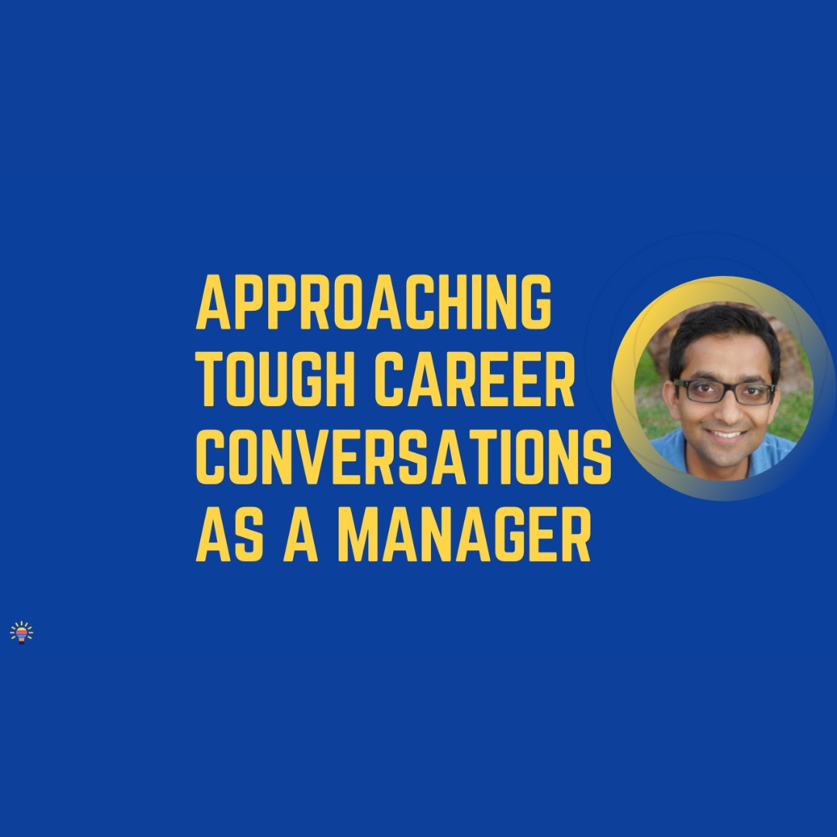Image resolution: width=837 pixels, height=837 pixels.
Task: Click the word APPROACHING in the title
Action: pos(374,302)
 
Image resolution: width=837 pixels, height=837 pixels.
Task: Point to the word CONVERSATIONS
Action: pos(404,457)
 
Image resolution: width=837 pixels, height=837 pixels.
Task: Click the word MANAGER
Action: pos(464,535)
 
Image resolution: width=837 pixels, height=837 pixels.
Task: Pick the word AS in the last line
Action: pos(229,535)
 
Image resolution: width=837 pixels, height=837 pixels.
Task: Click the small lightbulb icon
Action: pos(22,632)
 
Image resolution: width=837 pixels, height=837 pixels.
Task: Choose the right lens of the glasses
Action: pos(754,394)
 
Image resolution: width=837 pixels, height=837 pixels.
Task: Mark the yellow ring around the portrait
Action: pos(622,388)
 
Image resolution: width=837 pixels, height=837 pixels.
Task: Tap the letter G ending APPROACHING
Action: pos(532,302)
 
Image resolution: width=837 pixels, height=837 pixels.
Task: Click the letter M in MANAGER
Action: pos(360,535)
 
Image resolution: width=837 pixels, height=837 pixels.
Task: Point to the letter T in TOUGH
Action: pos(212,380)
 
